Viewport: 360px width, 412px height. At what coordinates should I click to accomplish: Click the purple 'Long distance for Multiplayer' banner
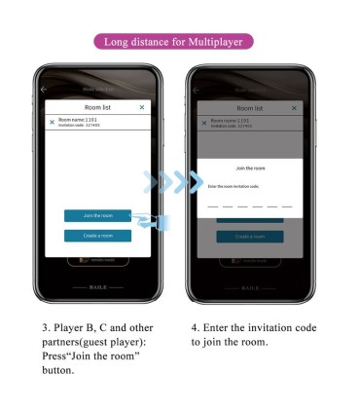pos(179,42)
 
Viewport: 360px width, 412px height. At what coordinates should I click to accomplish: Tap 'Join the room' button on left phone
pos(97,214)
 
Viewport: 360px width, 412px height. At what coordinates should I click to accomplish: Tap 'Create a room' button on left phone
pos(97,236)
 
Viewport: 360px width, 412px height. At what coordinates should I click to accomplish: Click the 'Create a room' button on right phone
pos(249,236)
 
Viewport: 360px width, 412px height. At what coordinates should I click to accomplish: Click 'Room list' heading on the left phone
pos(97,106)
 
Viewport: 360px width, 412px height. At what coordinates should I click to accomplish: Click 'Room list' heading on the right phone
pos(250,107)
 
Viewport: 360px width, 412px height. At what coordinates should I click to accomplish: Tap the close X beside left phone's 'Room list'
pos(142,106)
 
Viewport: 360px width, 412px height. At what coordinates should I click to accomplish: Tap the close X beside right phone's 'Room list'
pos(294,107)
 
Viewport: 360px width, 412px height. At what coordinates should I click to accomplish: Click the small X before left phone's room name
pos(52,122)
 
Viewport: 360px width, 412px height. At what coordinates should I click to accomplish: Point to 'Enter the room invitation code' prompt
pos(234,185)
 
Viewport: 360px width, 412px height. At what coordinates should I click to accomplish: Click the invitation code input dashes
pos(249,206)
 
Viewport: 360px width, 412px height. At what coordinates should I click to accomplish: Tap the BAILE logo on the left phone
pos(97,287)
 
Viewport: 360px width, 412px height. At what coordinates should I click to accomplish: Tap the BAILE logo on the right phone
pos(249,287)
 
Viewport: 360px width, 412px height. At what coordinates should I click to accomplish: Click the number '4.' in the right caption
pos(195,328)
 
